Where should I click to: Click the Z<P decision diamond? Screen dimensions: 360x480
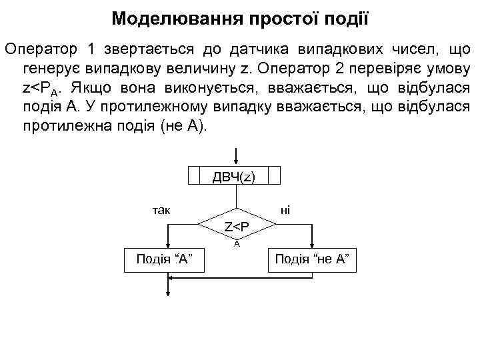pos(237,227)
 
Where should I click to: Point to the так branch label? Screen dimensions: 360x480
pos(161,211)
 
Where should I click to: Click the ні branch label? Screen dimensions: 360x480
pos(286,211)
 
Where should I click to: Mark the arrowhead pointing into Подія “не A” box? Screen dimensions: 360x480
pos(311,245)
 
